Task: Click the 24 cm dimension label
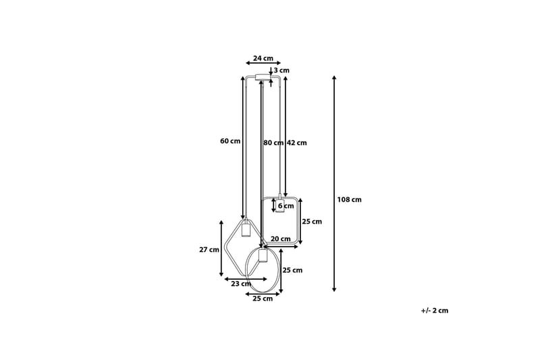click(x=263, y=58)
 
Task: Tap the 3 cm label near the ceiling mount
click(x=281, y=70)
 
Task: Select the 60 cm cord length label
click(x=230, y=141)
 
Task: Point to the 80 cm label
click(x=273, y=143)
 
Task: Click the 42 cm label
click(x=296, y=143)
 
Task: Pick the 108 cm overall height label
click(x=349, y=199)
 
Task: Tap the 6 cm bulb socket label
click(x=286, y=206)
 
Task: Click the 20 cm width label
click(x=280, y=238)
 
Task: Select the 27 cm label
click(x=209, y=250)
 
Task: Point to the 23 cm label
click(x=241, y=284)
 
